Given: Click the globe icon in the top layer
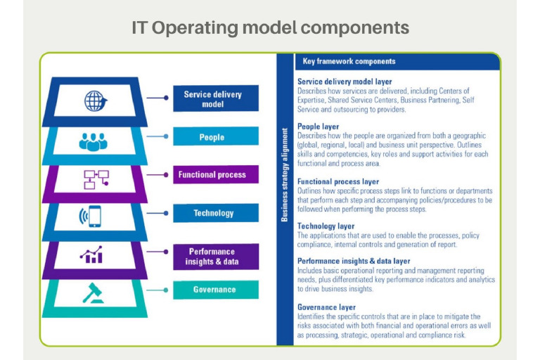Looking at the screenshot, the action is [x=96, y=101].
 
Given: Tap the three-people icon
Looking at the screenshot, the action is [x=93, y=142].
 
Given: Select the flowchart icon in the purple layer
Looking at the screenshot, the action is [x=96, y=179].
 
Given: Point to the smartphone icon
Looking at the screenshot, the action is [x=91, y=217].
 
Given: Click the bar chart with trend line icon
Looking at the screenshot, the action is [x=91, y=255].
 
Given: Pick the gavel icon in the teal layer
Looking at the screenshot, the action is [x=93, y=293].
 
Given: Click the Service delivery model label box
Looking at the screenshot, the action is [x=216, y=98].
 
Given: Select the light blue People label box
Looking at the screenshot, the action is [x=216, y=136].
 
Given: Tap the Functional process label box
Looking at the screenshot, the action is [x=216, y=174].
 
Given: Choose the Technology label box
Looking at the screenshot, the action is [x=216, y=213].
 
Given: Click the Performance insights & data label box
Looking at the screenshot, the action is [x=216, y=257].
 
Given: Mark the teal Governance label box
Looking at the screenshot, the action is [x=216, y=290].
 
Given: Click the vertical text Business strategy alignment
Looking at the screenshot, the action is [x=285, y=174].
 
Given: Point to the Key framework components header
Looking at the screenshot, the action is [x=349, y=61].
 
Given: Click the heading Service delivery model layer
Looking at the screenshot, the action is [x=345, y=82].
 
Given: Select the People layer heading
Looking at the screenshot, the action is [x=319, y=127].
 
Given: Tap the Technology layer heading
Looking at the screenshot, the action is [x=326, y=226].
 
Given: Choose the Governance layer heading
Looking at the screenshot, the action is [x=326, y=307].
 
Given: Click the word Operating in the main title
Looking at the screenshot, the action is [x=195, y=28].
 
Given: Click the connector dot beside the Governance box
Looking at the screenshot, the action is [x=166, y=290].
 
